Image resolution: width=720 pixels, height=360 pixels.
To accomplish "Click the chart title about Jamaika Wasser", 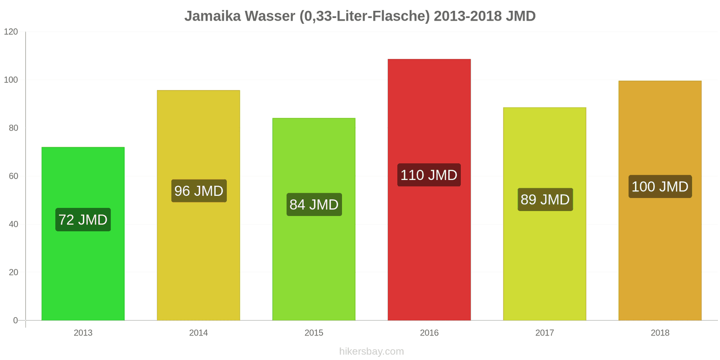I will [x=360, y=16].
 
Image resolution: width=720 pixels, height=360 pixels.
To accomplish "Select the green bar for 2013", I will [x=83, y=270].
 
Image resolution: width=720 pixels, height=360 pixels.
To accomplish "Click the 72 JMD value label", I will [x=83, y=220].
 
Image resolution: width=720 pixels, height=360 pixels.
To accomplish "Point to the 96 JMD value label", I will [x=198, y=191].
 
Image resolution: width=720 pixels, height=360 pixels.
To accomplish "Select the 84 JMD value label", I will [x=314, y=205].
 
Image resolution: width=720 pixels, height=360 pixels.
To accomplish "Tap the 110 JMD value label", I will [x=429, y=175].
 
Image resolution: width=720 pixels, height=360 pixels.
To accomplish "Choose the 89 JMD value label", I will [x=544, y=199].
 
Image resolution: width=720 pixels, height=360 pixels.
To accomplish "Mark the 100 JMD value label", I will [x=660, y=186].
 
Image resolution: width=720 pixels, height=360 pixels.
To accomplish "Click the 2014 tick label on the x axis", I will [x=198, y=333].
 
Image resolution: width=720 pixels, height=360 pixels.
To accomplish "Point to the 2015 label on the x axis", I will [x=314, y=333].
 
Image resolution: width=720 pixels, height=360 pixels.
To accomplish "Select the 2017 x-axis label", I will [x=544, y=333].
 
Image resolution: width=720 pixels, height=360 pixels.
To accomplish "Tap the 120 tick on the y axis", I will [x=11, y=31].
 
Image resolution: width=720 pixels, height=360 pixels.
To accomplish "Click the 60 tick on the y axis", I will [x=13, y=176].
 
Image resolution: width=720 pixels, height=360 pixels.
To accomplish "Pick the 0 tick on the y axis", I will [x=16, y=320].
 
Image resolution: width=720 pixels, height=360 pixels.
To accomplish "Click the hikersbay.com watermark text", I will [x=371, y=351].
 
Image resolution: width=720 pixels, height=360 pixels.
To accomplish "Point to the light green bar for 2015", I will [x=314, y=270].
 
